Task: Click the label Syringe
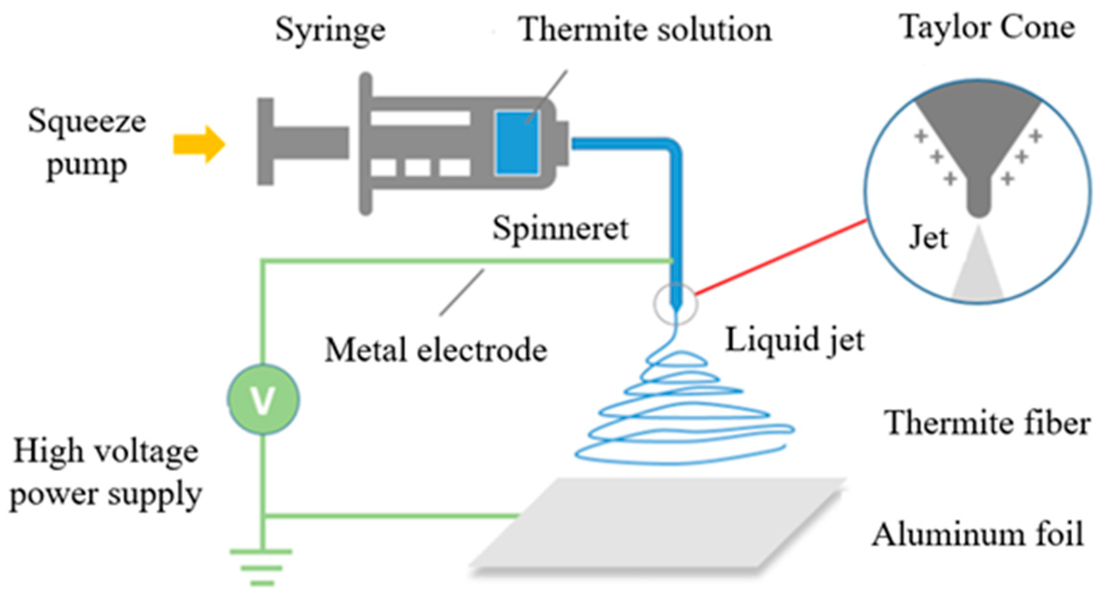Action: (x=330, y=30)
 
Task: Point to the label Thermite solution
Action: (x=645, y=30)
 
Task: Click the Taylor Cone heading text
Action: (x=987, y=28)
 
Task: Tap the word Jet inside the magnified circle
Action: (x=928, y=238)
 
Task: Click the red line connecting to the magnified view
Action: (x=780, y=257)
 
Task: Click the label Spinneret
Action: (x=560, y=228)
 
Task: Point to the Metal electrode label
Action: (x=436, y=350)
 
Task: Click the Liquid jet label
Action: (x=795, y=340)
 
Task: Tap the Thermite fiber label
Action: (x=987, y=423)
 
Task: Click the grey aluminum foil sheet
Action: (x=657, y=524)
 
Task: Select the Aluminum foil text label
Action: (x=978, y=535)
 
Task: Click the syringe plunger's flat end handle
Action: (x=265, y=142)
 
